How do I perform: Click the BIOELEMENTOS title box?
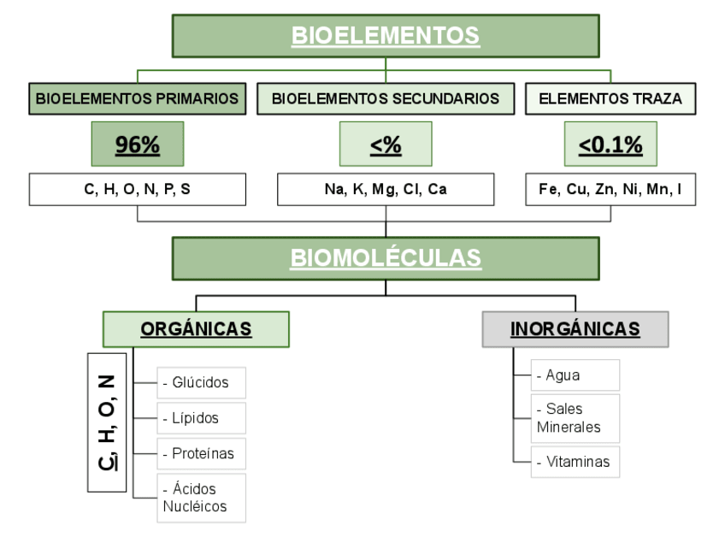pos(386,36)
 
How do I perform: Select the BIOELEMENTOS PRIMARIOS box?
pos(138,98)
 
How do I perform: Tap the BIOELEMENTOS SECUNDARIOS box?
pos(386,98)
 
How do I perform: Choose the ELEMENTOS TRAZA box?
pos(610,98)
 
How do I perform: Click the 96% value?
pos(138,145)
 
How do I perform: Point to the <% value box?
pos(386,145)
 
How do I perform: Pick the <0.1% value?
pos(610,145)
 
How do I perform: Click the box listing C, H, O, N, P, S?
pos(138,190)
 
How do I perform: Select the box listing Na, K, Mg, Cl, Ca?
pos(386,190)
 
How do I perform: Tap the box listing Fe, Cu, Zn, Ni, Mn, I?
pos(610,190)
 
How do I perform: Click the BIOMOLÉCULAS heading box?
pos(386,257)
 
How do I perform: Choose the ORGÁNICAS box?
pos(196,329)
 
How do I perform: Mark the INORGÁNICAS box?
pos(575,329)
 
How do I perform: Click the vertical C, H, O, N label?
pos(107,422)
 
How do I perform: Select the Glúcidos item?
pos(202,382)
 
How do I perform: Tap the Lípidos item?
pos(202,418)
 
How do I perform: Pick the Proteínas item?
pos(202,453)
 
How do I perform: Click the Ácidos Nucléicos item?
pos(202,498)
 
